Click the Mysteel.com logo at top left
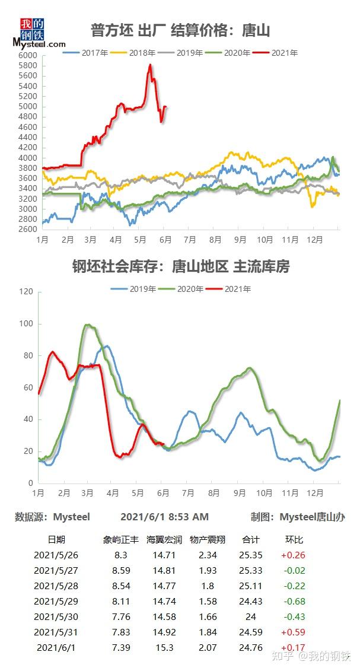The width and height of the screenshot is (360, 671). (38, 33)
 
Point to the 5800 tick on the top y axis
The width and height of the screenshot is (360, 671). (28, 65)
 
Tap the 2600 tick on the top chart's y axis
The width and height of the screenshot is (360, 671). (28, 230)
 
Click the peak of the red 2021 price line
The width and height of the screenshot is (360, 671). (150, 65)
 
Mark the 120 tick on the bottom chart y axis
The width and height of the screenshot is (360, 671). (26, 292)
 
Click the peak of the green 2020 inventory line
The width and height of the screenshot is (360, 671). (88, 325)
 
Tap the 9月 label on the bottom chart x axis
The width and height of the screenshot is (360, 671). (240, 493)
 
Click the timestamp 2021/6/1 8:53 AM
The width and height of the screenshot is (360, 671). (164, 517)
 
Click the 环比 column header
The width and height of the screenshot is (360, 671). (294, 539)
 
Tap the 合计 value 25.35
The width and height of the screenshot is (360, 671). (251, 555)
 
